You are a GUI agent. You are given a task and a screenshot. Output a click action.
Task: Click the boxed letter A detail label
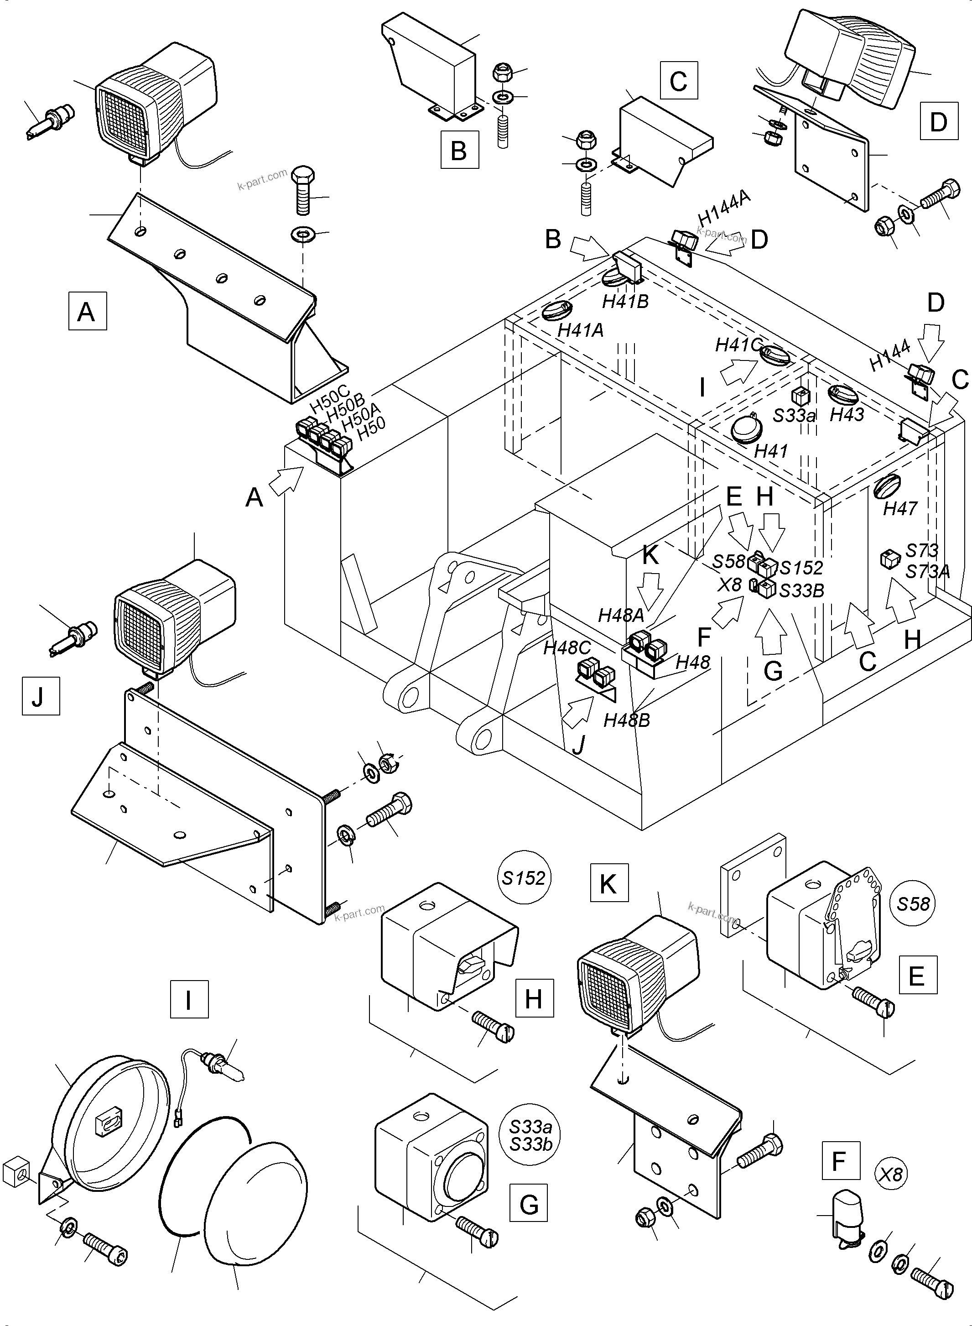pyautogui.click(x=87, y=310)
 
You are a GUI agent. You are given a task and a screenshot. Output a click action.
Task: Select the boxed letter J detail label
pyautogui.click(x=41, y=696)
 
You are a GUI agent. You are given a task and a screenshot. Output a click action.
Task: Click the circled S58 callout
pyautogui.click(x=913, y=903)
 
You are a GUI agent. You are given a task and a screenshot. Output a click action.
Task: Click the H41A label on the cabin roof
pyautogui.click(x=581, y=330)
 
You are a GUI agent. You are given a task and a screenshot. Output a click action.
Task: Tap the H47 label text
pyautogui.click(x=900, y=508)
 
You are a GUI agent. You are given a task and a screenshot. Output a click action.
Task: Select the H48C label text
pyautogui.click(x=567, y=648)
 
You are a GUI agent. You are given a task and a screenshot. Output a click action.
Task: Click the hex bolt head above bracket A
pyautogui.click(x=303, y=175)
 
